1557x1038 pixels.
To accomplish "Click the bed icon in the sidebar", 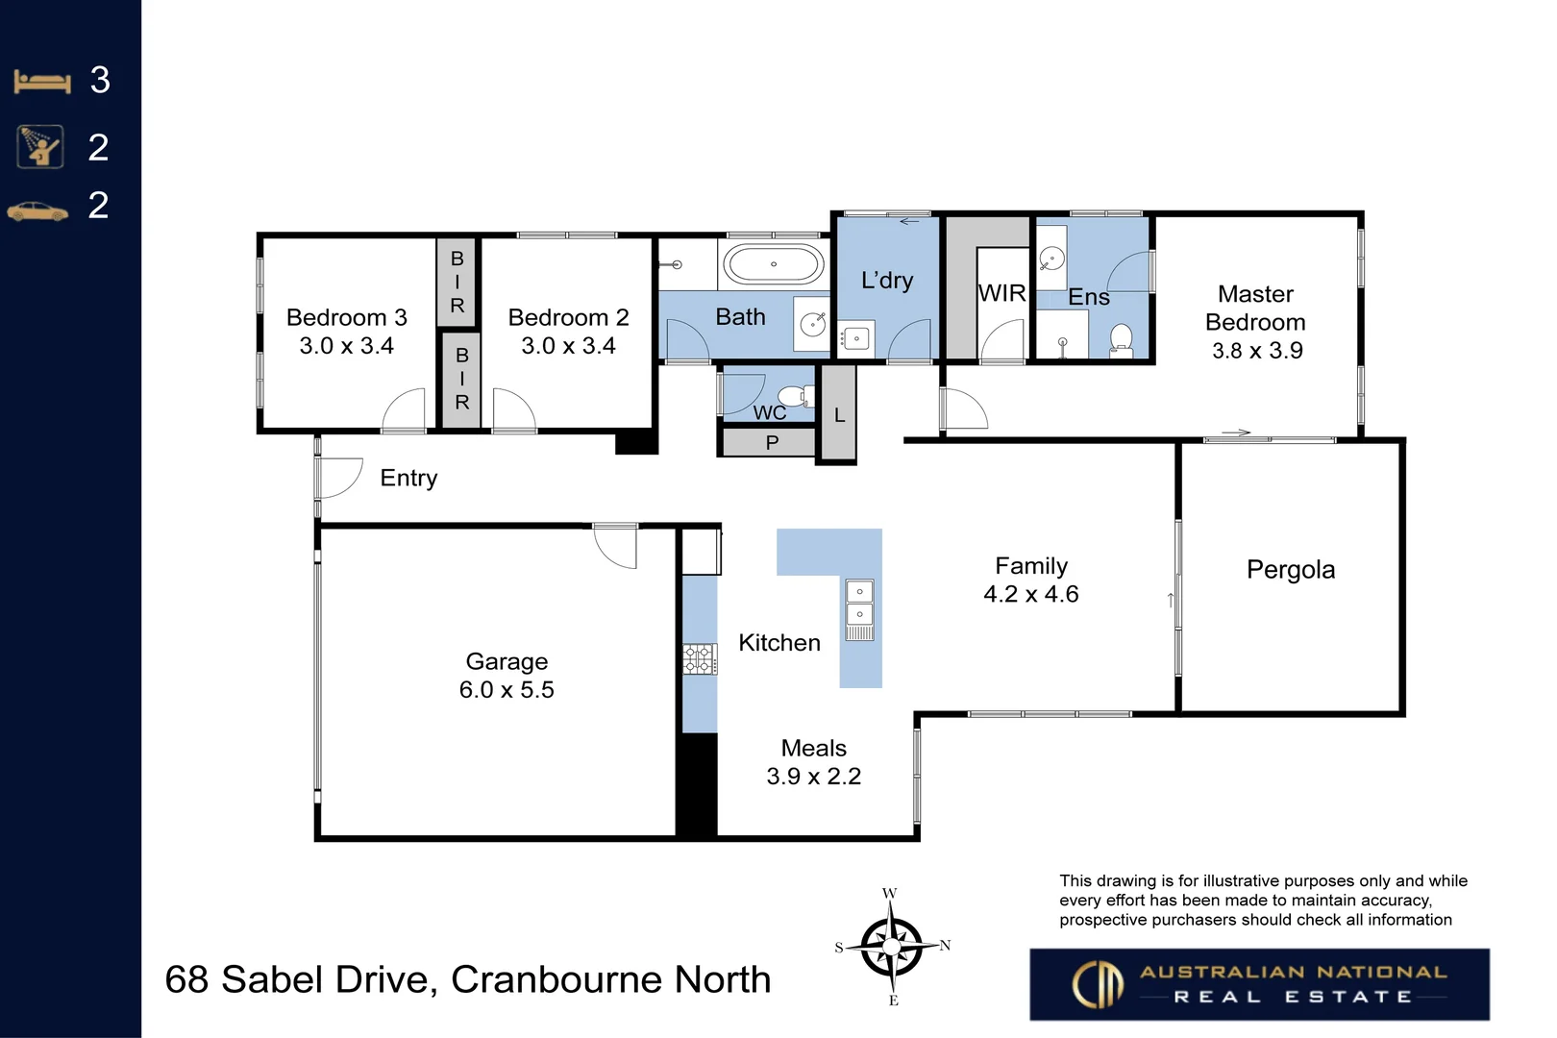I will pyautogui.click(x=42, y=82).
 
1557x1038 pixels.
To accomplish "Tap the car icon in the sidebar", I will pyautogui.click(x=37, y=210).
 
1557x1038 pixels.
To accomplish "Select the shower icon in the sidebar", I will pyautogui.click(x=40, y=147).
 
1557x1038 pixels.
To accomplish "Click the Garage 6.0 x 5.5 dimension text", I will pyautogui.click(x=507, y=690).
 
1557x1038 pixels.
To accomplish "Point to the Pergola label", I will pyautogui.click(x=1291, y=570).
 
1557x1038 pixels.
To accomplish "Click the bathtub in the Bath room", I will pyautogui.click(x=774, y=264).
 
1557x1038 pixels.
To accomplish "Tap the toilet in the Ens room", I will pyautogui.click(x=1121, y=339).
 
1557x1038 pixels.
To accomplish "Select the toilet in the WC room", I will pyautogui.click(x=794, y=395).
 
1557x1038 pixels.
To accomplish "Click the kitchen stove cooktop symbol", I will pyautogui.click(x=700, y=659).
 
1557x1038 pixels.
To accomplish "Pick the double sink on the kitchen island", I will pyautogui.click(x=859, y=603).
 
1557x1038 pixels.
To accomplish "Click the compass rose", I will pyautogui.click(x=892, y=947).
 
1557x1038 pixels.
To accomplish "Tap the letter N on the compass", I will pyautogui.click(x=945, y=946).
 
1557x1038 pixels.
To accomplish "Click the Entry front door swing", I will pyautogui.click(x=338, y=478).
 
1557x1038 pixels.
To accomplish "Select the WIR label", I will pyautogui.click(x=1001, y=293).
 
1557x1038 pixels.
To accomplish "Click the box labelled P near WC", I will pyautogui.click(x=772, y=443).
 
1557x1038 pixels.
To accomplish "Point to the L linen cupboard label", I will pyautogui.click(x=839, y=415).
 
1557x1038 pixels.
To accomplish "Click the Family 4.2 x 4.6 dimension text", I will pyautogui.click(x=1030, y=594).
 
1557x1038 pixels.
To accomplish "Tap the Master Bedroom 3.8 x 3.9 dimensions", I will pyautogui.click(x=1257, y=351).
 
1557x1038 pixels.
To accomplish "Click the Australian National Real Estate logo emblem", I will pyautogui.click(x=1098, y=984).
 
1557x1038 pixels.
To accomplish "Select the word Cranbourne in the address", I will pyautogui.click(x=556, y=980).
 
